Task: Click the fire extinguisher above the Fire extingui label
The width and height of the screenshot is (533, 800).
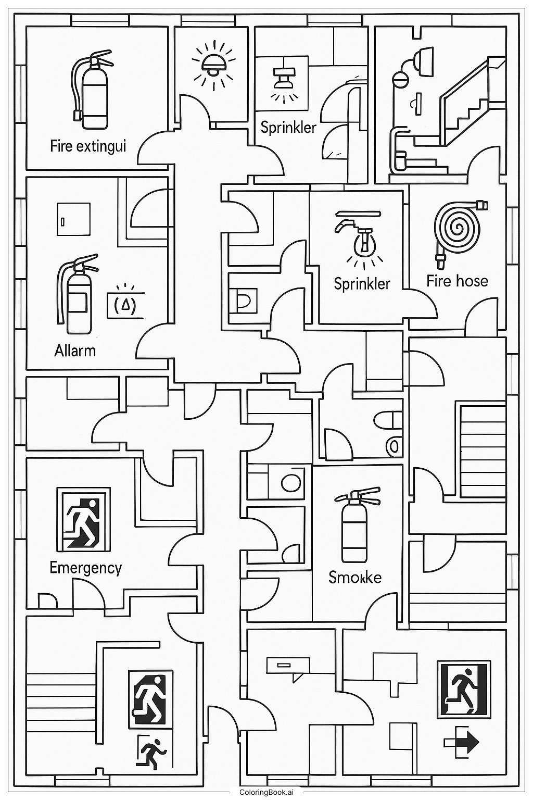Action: coord(92,91)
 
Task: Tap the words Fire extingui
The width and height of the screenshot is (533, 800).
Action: coord(88,146)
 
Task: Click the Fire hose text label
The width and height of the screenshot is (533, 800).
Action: coord(457,281)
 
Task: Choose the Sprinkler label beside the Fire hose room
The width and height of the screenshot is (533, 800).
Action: coord(362,283)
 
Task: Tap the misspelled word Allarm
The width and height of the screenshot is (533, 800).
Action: coord(75,350)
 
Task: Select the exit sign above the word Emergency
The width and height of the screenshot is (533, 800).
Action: coord(83,519)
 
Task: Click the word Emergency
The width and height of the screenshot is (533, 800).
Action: coord(85,567)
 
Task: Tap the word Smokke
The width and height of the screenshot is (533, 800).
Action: coord(355,577)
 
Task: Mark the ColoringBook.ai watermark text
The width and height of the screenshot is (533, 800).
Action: coord(266,792)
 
